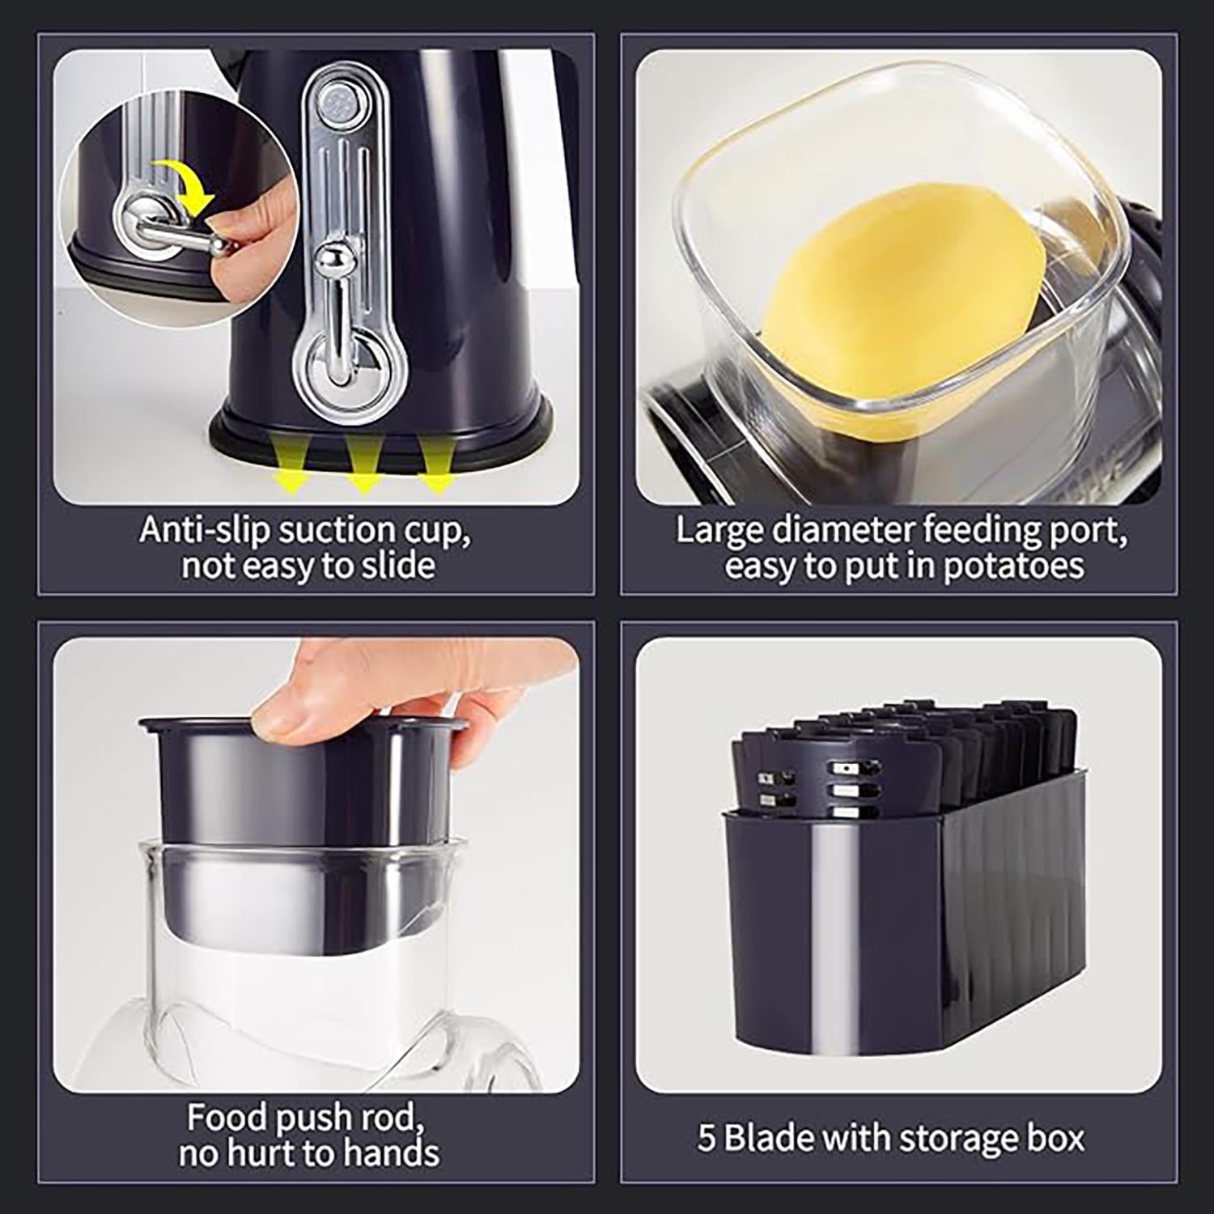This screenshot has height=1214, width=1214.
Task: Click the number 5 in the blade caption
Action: [x=707, y=1137]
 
